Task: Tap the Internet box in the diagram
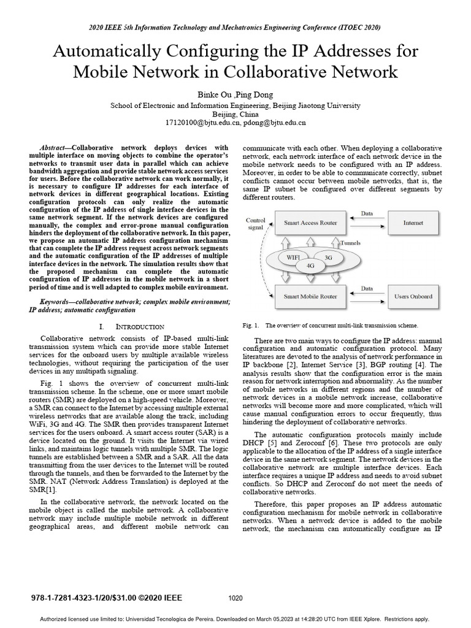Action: [x=413, y=223]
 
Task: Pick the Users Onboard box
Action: [x=413, y=296]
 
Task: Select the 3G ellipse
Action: [x=329, y=258]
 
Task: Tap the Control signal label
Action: [x=256, y=224]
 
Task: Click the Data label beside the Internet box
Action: [x=366, y=215]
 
